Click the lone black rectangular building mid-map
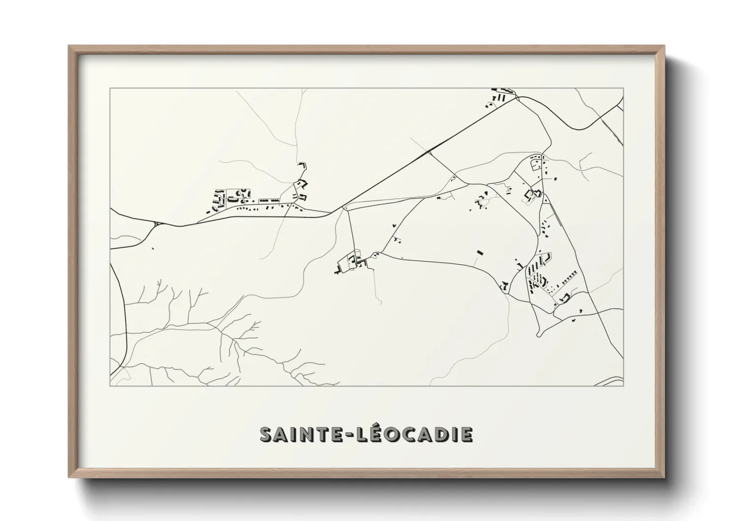(x=479, y=252)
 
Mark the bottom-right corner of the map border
(x=624, y=386)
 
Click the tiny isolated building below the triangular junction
(x=153, y=249)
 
